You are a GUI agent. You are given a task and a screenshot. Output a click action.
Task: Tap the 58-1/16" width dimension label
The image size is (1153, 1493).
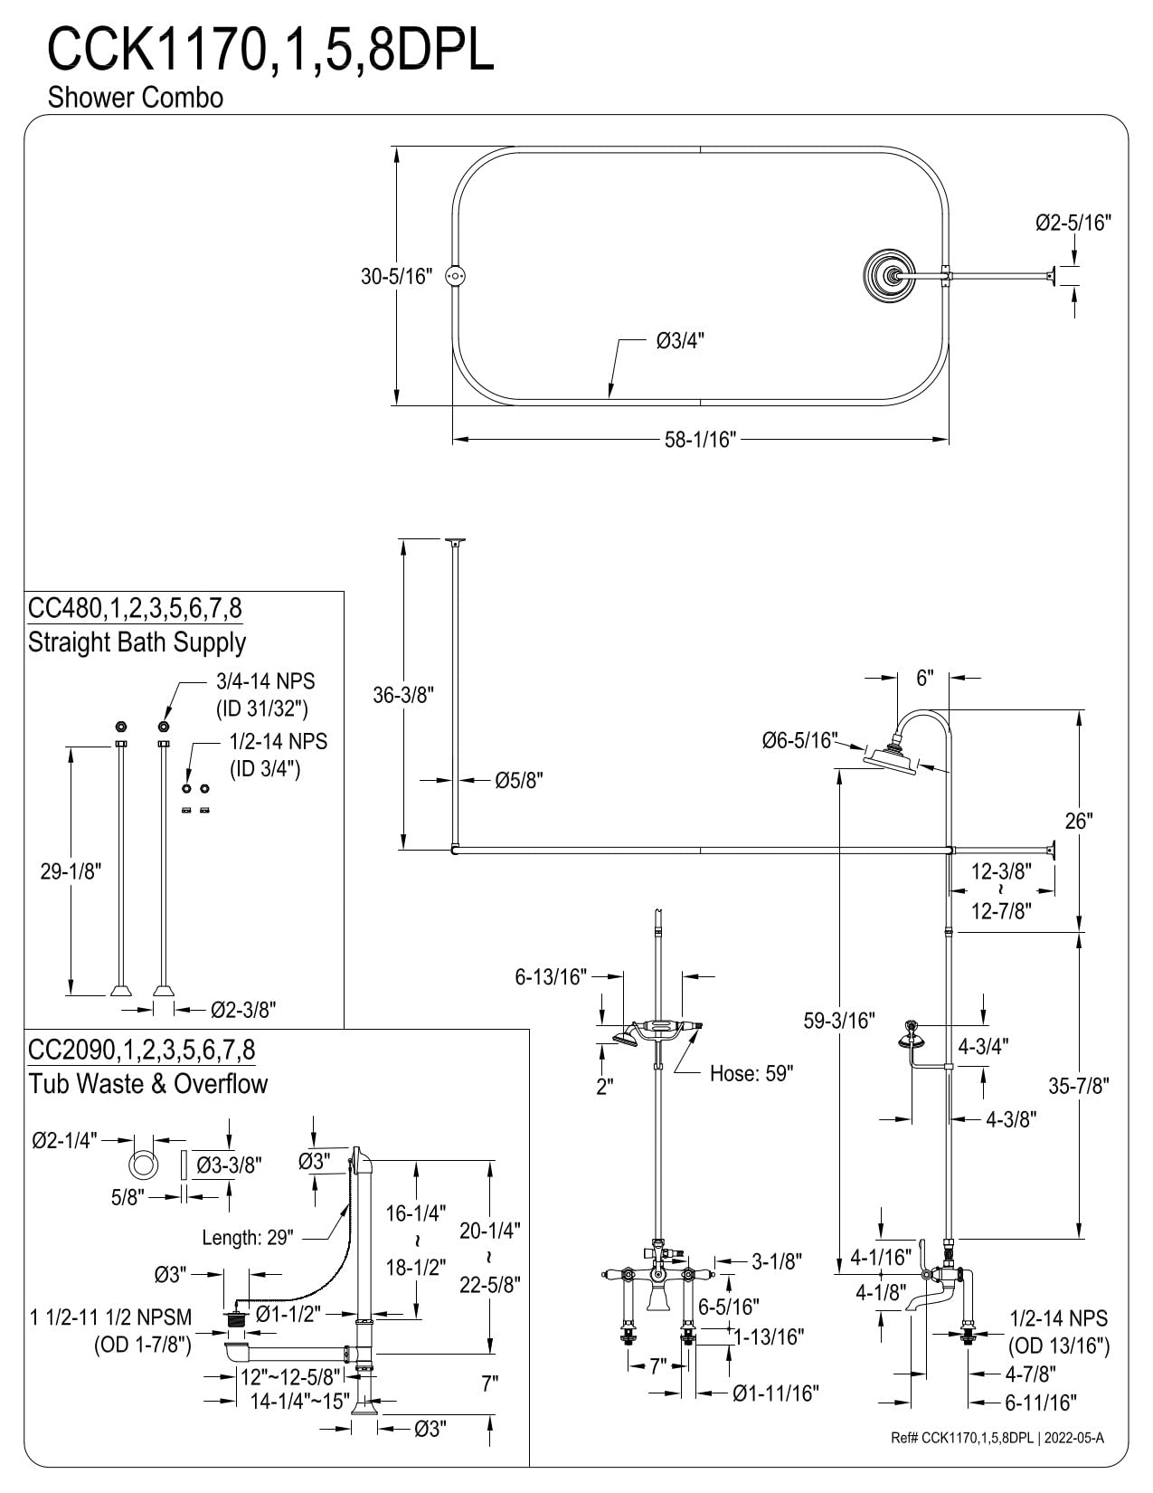point(700,439)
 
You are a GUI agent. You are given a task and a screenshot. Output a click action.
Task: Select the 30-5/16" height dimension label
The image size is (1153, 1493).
point(396,276)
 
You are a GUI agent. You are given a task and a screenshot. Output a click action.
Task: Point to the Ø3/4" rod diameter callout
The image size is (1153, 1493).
point(680,341)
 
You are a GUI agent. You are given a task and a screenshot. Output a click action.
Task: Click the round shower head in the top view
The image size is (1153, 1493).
point(891,275)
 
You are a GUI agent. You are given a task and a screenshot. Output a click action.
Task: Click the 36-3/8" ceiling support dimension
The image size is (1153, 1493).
point(403,695)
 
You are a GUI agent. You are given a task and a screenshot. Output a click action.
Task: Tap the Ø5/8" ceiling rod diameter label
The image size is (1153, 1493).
point(518,781)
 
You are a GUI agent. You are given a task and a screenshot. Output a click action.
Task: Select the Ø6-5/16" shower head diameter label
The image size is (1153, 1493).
point(800,740)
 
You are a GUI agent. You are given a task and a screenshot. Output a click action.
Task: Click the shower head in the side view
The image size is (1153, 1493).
point(890,760)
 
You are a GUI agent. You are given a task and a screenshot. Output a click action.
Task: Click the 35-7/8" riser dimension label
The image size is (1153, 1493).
point(1078,1086)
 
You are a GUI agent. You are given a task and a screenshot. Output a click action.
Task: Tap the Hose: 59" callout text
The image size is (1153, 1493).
point(751,1073)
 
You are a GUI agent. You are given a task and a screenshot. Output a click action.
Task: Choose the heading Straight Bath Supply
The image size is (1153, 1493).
point(137,642)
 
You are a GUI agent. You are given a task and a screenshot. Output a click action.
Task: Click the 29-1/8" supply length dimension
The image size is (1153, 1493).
point(71,871)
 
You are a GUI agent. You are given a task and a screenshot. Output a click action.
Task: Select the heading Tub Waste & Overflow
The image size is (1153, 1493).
point(147,1083)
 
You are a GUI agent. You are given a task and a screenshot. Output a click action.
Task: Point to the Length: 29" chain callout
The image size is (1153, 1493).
point(248,1238)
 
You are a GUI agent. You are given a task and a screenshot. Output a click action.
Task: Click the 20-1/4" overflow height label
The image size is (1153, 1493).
point(489,1231)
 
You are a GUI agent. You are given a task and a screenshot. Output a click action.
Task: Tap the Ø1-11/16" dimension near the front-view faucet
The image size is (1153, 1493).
point(776,1393)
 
